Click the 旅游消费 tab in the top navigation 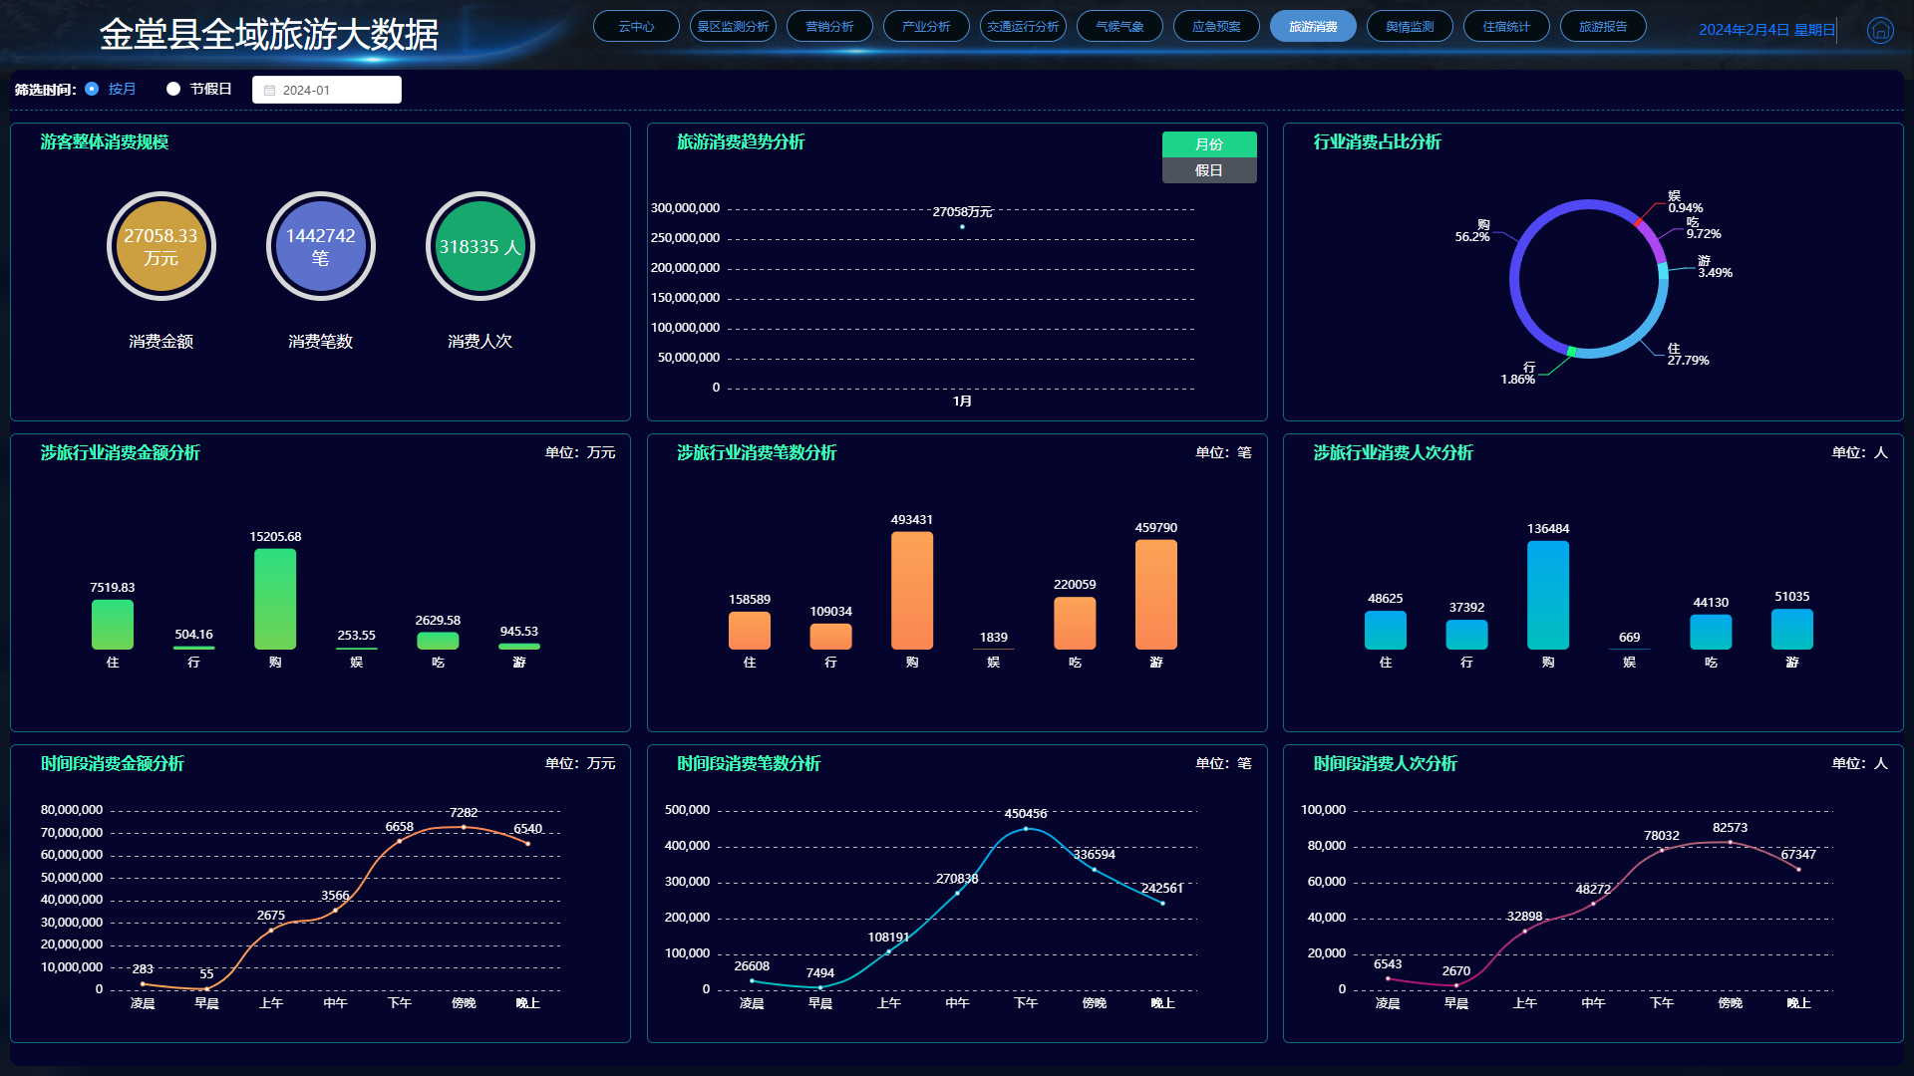pyautogui.click(x=1312, y=27)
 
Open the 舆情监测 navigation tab pyautogui.click(x=1409, y=27)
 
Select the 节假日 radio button pyautogui.click(x=173, y=89)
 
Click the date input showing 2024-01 pyautogui.click(x=327, y=90)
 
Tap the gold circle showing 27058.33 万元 pyautogui.click(x=161, y=247)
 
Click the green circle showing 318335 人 pyautogui.click(x=480, y=247)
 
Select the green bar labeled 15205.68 pyautogui.click(x=275, y=599)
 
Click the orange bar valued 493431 pyautogui.click(x=912, y=590)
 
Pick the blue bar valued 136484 pyautogui.click(x=1548, y=595)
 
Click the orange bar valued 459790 pyautogui.click(x=1156, y=594)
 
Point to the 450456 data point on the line pyautogui.click(x=1026, y=828)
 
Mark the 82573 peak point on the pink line pyautogui.click(x=1730, y=842)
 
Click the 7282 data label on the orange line pyautogui.click(x=464, y=813)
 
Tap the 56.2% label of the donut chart pyautogui.click(x=1472, y=237)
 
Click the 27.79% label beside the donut pyautogui.click(x=1688, y=361)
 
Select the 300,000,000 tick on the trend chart pyautogui.click(x=685, y=208)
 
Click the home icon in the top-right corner pyautogui.click(x=1880, y=30)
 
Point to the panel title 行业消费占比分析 pyautogui.click(x=1377, y=142)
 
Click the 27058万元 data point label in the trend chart pyautogui.click(x=962, y=212)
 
